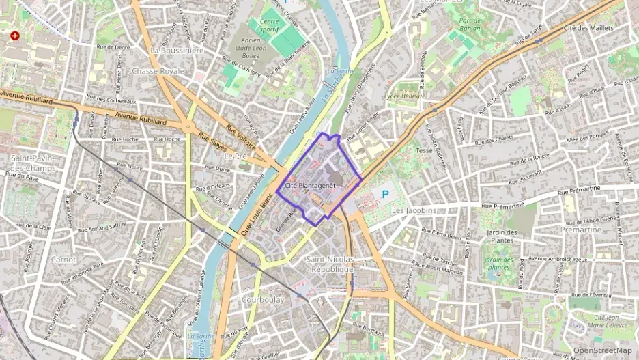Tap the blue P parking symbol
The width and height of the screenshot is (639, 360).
tap(385, 195)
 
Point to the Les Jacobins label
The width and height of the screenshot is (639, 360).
tap(414, 211)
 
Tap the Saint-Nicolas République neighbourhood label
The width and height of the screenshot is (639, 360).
tap(330, 264)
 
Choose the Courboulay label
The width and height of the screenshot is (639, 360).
tap(262, 299)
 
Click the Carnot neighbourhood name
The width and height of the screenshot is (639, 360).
tap(63, 260)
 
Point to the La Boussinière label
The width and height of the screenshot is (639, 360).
tap(177, 50)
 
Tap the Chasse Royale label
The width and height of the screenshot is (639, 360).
tap(158, 71)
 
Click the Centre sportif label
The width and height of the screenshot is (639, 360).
tap(272, 25)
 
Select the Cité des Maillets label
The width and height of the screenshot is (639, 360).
tap(589, 28)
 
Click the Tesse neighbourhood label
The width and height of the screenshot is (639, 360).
tap(424, 150)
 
